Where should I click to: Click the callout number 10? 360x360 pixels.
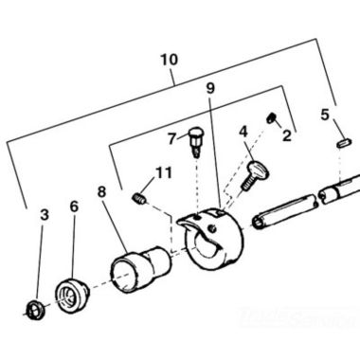click(169, 61)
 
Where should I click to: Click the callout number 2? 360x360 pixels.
click(287, 136)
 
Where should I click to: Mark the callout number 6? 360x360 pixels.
click(74, 207)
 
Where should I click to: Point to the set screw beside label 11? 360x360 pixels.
click(139, 198)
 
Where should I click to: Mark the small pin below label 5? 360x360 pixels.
click(345, 142)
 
